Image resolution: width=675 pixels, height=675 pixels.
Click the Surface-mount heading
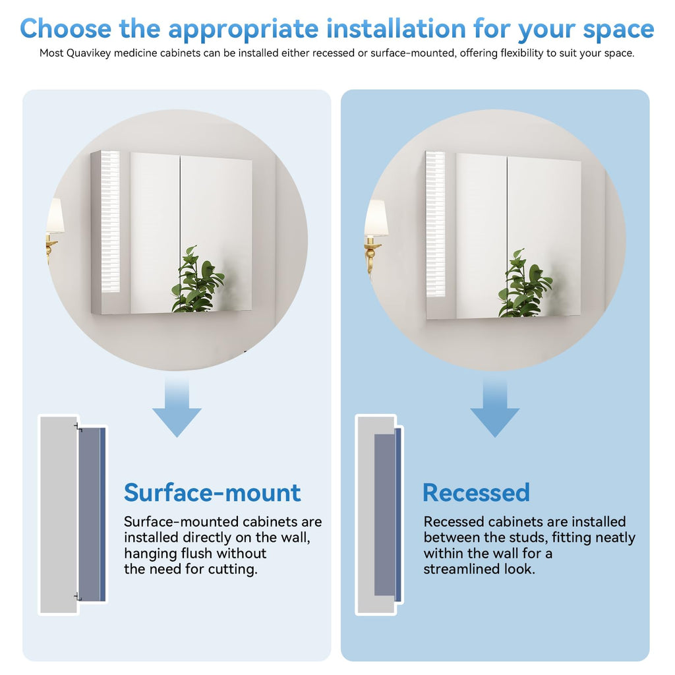coord(212,492)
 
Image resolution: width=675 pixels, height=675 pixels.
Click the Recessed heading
coord(476,492)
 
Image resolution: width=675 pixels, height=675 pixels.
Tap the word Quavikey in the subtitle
coord(88,53)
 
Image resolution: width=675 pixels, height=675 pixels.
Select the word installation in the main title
coord(396,29)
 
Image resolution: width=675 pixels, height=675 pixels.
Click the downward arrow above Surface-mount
coord(177,407)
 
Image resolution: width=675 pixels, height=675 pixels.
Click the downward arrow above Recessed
coord(494,407)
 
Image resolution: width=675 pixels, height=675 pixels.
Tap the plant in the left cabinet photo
coord(198,279)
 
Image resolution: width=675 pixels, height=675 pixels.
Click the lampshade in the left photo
coord(55,216)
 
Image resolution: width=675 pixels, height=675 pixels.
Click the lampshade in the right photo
coord(376,218)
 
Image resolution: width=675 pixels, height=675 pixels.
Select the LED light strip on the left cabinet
coord(110,221)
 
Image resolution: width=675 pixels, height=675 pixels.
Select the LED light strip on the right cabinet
coord(435,224)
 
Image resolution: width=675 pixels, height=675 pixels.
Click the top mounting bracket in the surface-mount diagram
coord(78,427)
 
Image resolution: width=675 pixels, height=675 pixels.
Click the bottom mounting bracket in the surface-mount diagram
coord(78,597)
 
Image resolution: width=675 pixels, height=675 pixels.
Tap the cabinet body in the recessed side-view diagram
coord(385,515)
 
